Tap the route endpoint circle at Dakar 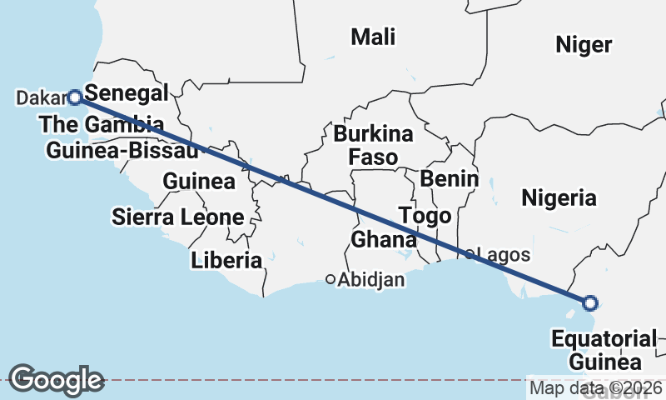[74, 97]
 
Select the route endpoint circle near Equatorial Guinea [589, 302]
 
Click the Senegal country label [127, 92]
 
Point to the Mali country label [373, 37]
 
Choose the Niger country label [584, 45]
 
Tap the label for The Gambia [101, 125]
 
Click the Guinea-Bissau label [122, 152]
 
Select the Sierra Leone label [178, 218]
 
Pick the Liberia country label [226, 260]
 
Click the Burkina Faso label [373, 145]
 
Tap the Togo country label [425, 216]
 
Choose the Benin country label [450, 178]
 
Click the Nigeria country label [559, 197]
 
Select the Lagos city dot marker [470, 254]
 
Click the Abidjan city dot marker [331, 279]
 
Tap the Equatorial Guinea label [604, 350]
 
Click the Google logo [56, 380]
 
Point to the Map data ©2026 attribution [596, 387]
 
